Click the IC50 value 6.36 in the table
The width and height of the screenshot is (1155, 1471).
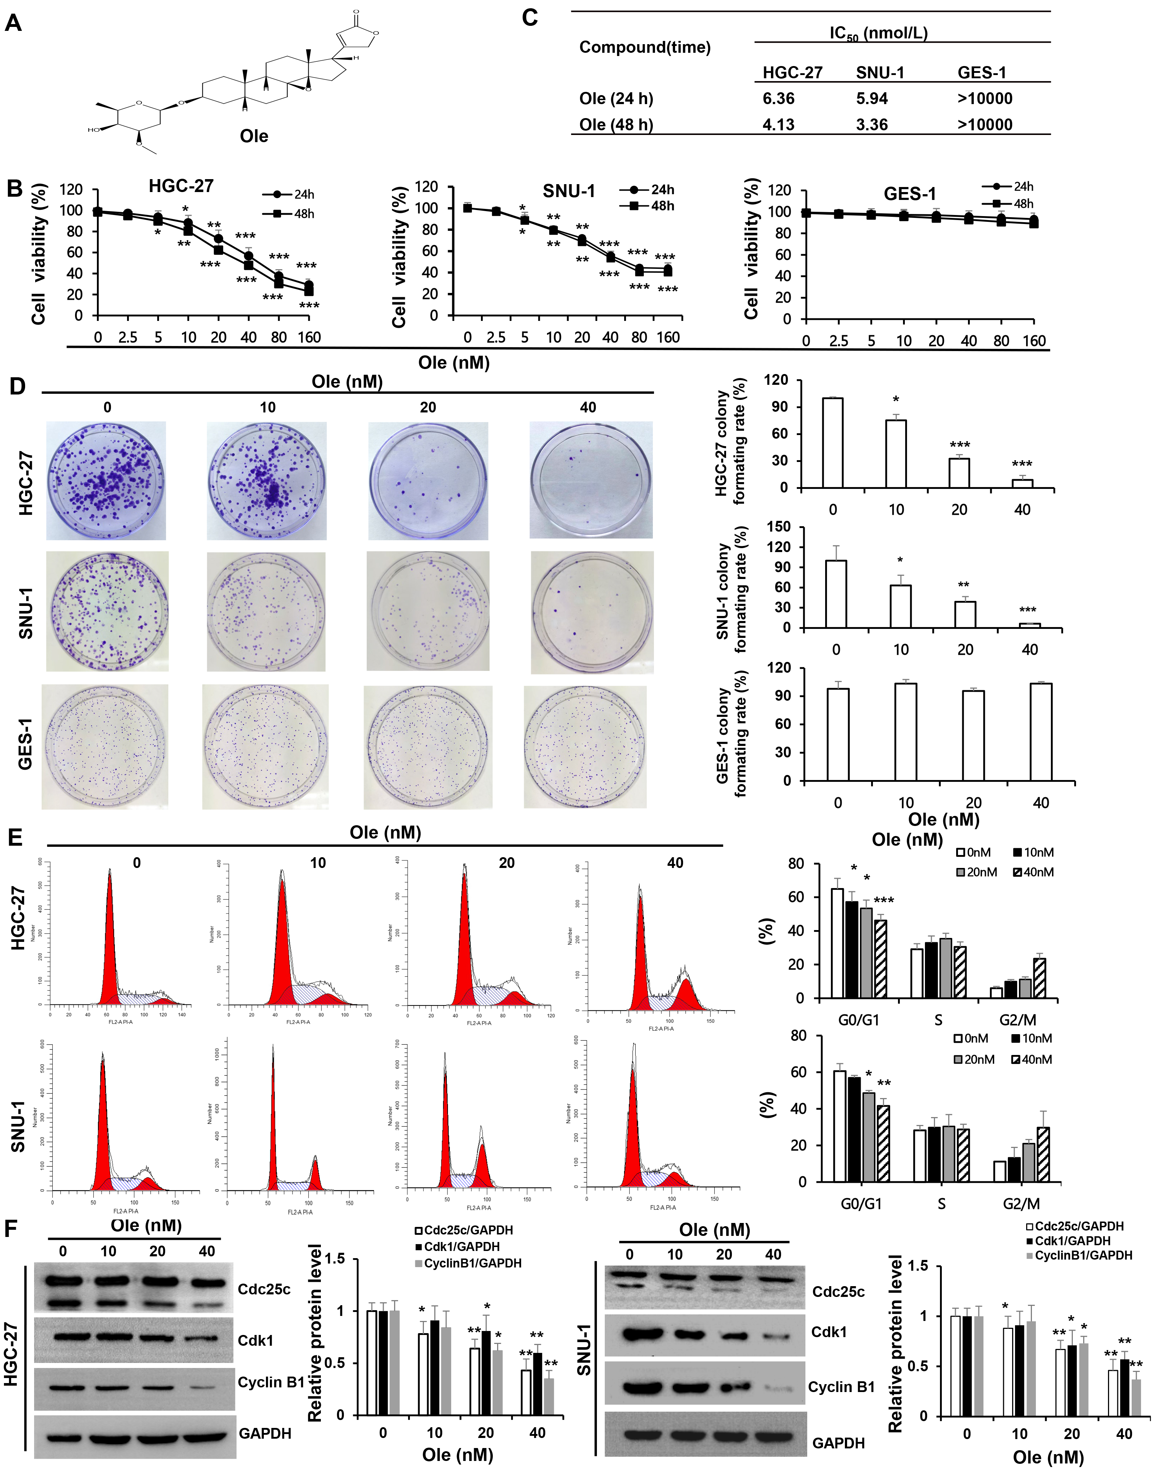tap(778, 99)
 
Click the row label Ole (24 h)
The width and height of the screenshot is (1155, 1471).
tap(616, 99)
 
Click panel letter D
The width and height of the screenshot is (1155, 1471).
tap(16, 386)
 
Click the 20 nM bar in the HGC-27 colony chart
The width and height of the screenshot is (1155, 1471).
tap(959, 473)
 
